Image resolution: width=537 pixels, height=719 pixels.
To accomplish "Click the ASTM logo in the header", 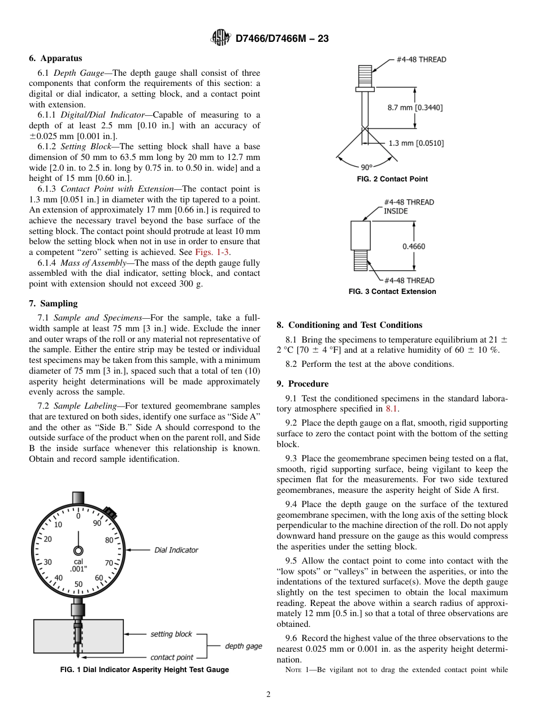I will tap(220, 38).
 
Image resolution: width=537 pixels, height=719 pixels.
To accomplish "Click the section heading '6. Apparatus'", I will tap(55, 58).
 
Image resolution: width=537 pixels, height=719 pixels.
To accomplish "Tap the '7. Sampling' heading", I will tap(53, 304).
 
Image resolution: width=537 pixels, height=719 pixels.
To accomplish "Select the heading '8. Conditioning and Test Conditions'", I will tap(349, 325).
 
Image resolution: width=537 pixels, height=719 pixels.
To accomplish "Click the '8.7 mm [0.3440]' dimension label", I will tap(415, 106).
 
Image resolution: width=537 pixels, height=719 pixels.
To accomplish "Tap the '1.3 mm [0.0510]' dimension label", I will tap(416, 143).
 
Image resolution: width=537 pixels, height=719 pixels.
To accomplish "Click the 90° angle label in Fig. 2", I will tap(367, 167).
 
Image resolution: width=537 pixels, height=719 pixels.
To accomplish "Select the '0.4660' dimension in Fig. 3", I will tap(413, 246).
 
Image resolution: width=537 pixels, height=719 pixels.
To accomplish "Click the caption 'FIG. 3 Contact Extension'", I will tap(392, 292).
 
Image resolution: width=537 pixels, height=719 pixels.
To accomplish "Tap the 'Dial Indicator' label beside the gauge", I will tap(176, 550).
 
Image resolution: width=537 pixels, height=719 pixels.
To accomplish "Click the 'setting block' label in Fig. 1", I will tap(171, 634).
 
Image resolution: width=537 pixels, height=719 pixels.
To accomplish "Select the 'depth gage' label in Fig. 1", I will tap(243, 646).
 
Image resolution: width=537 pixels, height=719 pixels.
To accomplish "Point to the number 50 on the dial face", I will tap(79, 584).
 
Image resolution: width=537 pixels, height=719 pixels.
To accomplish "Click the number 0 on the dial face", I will tap(79, 516).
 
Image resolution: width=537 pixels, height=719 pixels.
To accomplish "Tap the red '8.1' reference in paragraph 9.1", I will tap(391, 409).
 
